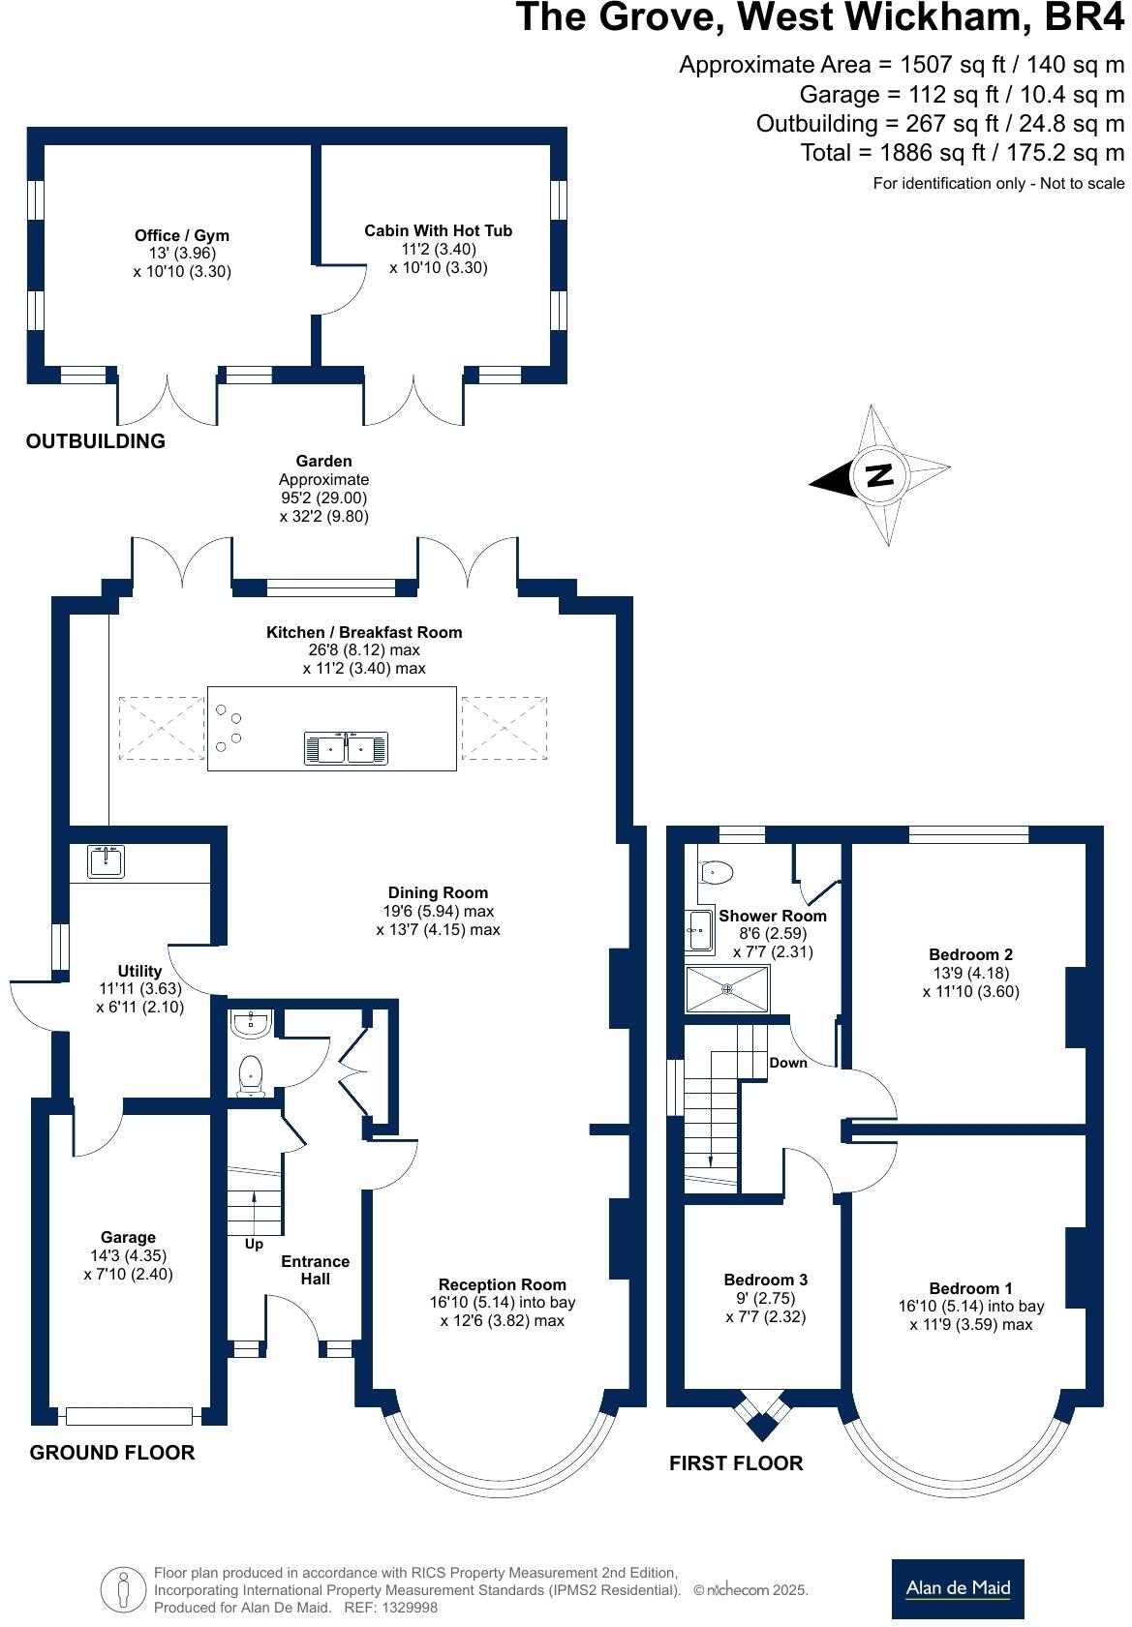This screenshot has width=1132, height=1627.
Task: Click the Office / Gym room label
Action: pos(182,235)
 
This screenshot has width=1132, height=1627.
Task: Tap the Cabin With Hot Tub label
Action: pos(438,230)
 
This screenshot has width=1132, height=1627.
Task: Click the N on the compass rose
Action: pos(879,475)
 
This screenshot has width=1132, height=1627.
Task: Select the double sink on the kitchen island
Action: pos(346,747)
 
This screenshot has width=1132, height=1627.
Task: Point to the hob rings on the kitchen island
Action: pos(229,727)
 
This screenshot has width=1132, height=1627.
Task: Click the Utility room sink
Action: pos(106,860)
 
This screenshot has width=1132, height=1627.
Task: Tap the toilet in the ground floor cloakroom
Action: pos(251,1075)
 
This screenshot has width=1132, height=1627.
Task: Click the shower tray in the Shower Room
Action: pos(726,989)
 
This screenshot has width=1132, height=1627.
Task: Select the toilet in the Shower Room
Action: pos(715,872)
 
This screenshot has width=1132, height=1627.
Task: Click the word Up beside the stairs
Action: pos(254,1244)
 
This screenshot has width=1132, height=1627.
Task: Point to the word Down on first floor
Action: pos(788,1063)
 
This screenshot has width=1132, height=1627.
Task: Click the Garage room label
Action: pos(128,1237)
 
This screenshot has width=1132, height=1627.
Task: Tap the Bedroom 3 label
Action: pos(765,1280)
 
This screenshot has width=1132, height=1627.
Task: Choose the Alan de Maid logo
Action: pos(957,1588)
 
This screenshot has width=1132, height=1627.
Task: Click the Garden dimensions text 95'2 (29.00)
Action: pos(323,497)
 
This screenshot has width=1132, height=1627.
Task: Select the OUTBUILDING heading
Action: pos(96,441)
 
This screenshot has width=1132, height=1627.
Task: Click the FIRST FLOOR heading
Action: pos(736,1463)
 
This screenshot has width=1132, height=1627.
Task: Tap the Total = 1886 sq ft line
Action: pos(963,153)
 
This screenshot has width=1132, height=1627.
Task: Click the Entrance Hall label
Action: pos(315,1270)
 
